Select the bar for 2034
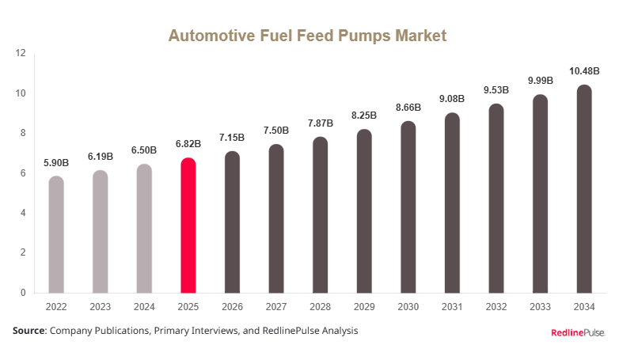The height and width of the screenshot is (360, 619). (x=583, y=189)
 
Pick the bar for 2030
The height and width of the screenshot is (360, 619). (x=408, y=207)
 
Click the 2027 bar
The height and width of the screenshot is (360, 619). (x=276, y=218)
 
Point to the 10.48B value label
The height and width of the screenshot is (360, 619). (x=583, y=72)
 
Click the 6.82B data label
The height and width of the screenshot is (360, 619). (x=188, y=144)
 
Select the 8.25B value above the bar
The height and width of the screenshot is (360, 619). (x=363, y=116)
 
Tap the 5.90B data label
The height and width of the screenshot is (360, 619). (x=56, y=162)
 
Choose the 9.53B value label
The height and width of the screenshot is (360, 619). (x=496, y=90)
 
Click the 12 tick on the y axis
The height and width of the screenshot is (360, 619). (x=21, y=54)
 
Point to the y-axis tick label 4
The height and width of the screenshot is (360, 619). (x=24, y=213)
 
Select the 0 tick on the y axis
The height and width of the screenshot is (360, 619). (x=24, y=293)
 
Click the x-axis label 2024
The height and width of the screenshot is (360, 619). (x=144, y=305)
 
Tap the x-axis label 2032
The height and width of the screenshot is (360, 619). (x=496, y=305)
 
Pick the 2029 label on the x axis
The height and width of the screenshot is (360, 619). (x=363, y=305)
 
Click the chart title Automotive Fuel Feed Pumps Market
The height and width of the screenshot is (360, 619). (x=308, y=36)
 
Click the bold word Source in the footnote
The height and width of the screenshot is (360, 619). (x=28, y=331)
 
